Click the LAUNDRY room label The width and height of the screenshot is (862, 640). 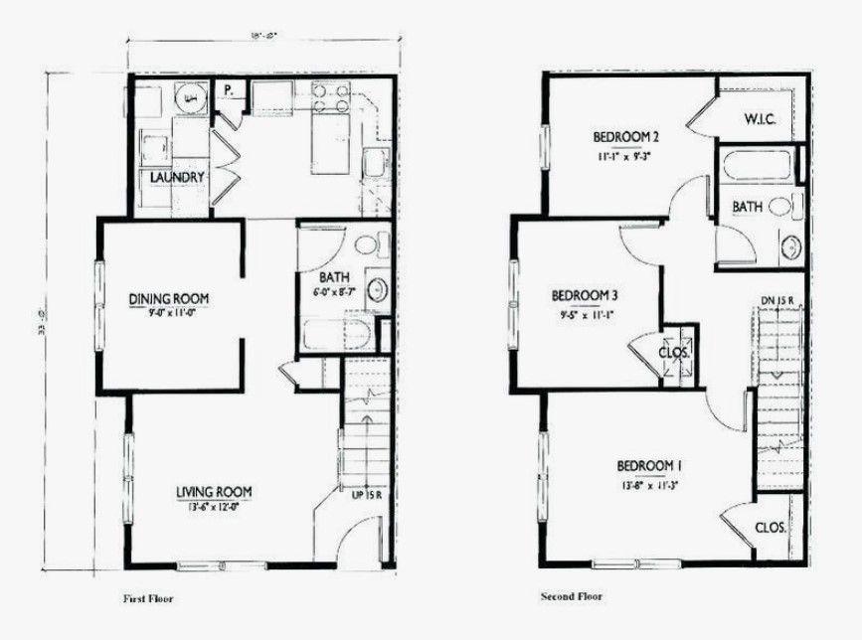click(x=178, y=178)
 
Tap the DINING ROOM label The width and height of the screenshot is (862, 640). click(x=175, y=298)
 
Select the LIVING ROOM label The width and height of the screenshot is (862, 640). click(x=214, y=491)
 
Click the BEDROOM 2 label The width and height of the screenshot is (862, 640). click(x=626, y=137)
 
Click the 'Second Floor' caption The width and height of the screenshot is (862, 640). click(x=572, y=597)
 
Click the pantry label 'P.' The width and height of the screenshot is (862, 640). click(x=228, y=90)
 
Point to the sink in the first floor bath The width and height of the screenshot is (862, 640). click(x=378, y=289)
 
